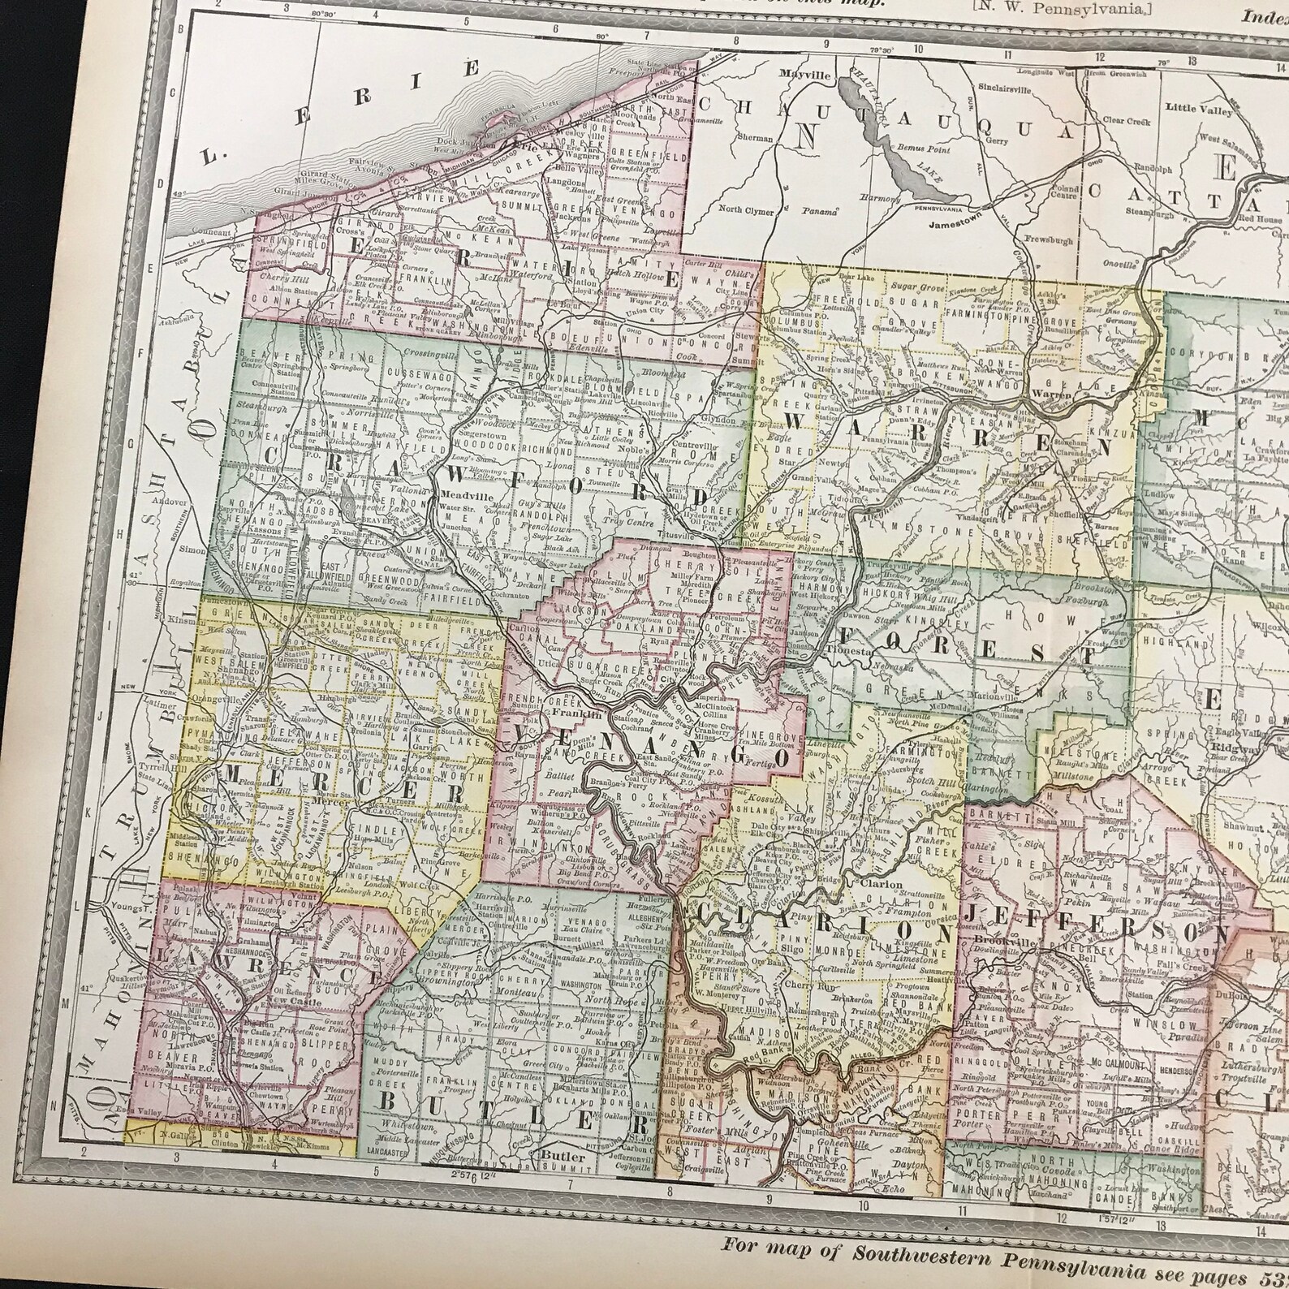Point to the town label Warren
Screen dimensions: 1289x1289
click(x=1053, y=395)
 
